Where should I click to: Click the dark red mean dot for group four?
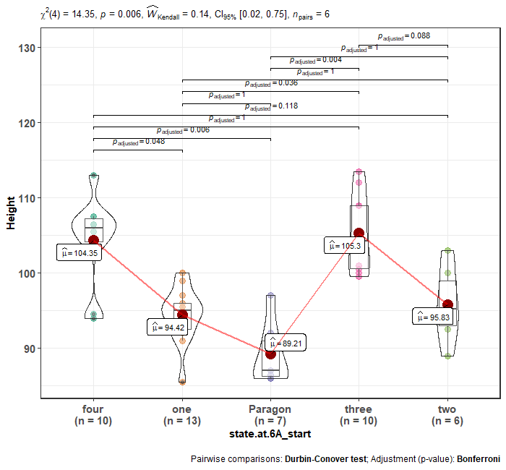pos(93,240)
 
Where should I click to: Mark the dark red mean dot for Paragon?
pos(270,354)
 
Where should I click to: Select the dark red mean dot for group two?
pos(447,304)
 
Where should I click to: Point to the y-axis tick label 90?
pos(27,349)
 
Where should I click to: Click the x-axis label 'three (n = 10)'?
pos(359,414)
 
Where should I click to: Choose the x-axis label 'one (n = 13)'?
pos(182,414)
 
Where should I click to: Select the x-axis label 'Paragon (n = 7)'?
pos(270,414)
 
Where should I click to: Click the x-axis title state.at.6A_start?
pos(270,433)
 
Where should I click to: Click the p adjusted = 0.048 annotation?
pos(139,142)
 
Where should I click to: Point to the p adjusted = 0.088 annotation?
pos(404,36)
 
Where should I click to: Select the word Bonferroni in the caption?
pos(478,459)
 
